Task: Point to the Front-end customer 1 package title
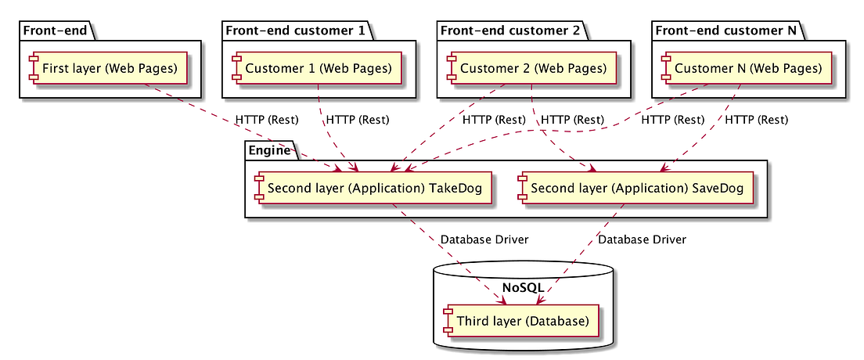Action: [295, 31]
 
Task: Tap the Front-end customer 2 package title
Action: [510, 31]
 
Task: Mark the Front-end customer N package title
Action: [725, 31]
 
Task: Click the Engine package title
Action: [270, 150]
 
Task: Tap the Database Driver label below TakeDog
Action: [484, 239]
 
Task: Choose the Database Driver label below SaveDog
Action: [642, 239]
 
